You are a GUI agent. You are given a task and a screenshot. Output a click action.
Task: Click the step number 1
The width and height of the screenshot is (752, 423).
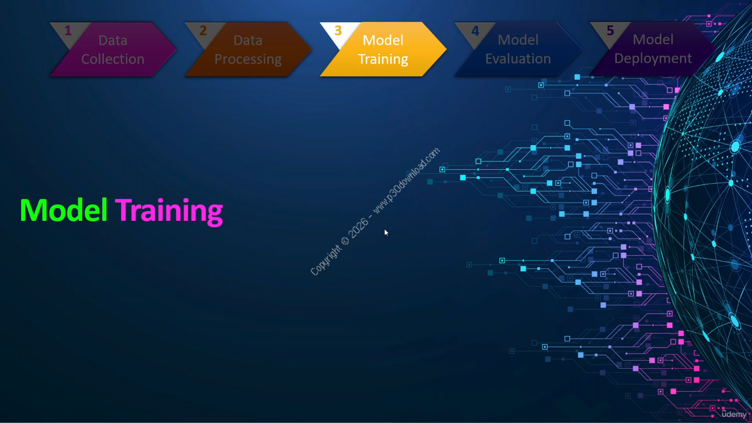coord(68,31)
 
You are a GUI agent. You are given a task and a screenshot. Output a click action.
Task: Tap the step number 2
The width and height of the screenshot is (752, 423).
coord(203,31)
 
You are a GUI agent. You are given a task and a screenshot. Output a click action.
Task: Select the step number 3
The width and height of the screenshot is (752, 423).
coord(338,31)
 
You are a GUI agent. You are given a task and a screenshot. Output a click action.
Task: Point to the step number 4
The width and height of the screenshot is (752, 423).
coord(475,31)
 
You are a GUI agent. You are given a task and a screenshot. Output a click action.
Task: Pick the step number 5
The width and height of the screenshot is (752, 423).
coord(610,31)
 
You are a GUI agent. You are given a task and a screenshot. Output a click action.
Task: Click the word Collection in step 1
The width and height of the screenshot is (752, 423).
coord(113,59)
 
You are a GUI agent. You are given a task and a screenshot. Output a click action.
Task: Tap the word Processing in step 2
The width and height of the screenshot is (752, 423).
coord(248,59)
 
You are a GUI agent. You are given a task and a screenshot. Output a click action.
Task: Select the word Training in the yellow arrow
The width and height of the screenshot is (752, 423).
coord(383,59)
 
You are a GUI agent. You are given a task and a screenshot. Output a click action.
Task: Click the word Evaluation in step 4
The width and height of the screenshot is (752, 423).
coord(518,59)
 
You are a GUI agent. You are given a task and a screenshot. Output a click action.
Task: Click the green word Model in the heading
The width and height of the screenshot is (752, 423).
coord(64,210)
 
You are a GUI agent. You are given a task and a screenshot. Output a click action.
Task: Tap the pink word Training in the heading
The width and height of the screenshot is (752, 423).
coord(169,211)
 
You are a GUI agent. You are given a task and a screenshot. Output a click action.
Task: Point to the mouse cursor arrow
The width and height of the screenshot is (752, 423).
coord(386,232)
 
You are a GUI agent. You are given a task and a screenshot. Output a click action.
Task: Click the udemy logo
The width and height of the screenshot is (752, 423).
coord(734,414)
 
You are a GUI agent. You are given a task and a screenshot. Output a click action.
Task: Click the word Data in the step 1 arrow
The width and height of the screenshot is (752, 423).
coord(113,41)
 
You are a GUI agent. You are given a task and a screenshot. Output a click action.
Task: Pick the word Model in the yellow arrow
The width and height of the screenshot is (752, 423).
coord(383,41)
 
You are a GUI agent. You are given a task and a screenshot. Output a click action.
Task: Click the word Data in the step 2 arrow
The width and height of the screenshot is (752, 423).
coord(248,41)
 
